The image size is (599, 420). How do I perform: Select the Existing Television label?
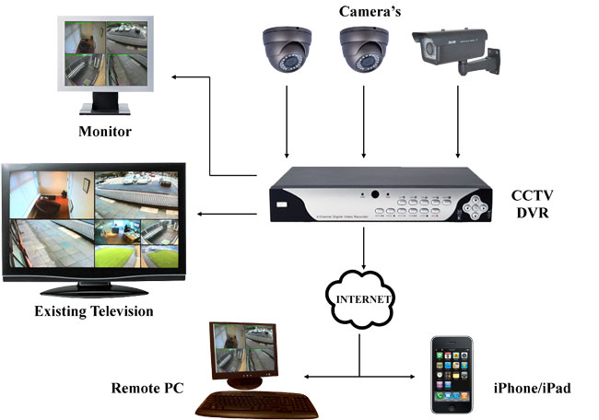click(93, 312)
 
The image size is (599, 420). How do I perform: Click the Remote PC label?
click(147, 388)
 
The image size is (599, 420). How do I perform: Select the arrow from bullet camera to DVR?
click(458, 129)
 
